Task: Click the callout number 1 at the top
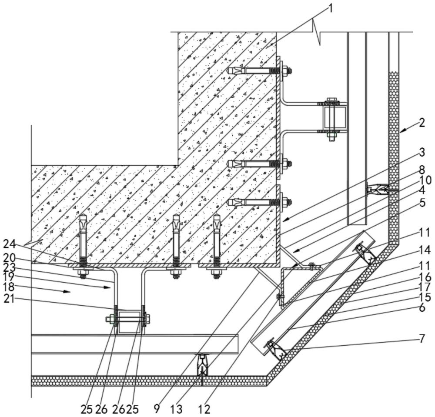pos(330,8)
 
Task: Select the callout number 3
pos(422,152)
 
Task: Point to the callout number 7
pos(422,339)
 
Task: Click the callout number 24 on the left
pos(10,244)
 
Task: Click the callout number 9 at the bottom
pos(157,409)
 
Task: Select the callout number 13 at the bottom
pos(177,409)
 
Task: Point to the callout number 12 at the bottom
pos(204,409)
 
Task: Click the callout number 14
pos(425,250)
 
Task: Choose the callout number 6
pos(422,307)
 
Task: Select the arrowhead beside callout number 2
pos(404,130)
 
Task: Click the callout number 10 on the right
pos(425,180)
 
